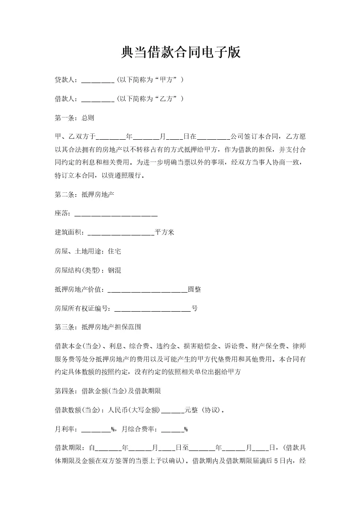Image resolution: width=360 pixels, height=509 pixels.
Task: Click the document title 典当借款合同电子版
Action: coord(180,53)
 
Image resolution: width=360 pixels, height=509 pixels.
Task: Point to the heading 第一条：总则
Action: coord(74,118)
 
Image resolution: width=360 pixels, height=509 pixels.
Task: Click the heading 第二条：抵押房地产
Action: coord(84,195)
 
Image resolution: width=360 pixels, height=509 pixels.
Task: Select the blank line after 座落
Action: coord(116,214)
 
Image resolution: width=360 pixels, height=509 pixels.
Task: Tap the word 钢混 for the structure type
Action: coord(114,270)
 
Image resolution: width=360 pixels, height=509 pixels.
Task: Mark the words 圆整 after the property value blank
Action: coord(194,289)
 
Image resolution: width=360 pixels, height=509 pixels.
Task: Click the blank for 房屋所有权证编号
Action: coord(153,308)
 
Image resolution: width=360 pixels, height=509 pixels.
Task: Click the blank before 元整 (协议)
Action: coord(173,410)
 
